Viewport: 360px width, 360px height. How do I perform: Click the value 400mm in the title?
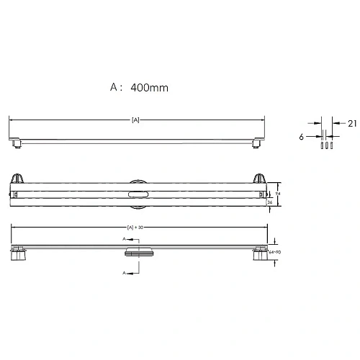pyautogui.click(x=150, y=88)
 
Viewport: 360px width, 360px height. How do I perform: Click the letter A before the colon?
pyautogui.click(x=114, y=88)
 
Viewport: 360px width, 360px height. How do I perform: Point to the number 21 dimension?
pyautogui.click(x=351, y=123)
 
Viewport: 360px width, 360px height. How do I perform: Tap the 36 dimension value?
pyautogui.click(x=269, y=202)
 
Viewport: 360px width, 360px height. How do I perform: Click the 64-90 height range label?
pyautogui.click(x=274, y=253)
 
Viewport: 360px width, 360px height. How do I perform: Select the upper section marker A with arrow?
pyautogui.click(x=127, y=238)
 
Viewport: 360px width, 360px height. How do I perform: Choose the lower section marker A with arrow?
pyautogui.click(x=127, y=273)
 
